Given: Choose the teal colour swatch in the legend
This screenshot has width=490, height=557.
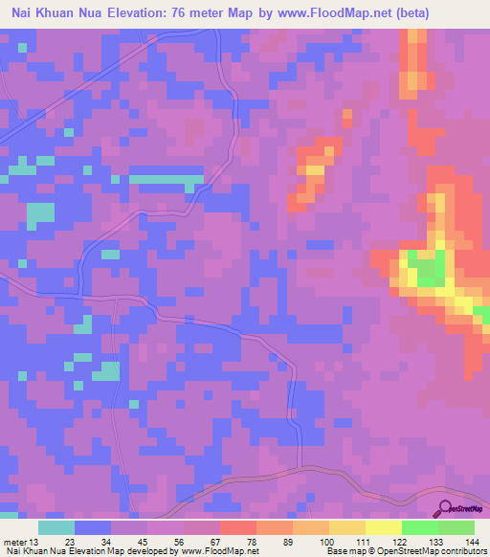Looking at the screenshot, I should [x=56, y=527].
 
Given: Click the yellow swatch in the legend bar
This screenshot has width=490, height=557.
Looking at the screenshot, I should [x=383, y=527].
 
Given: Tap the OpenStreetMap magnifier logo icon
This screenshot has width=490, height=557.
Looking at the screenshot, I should [x=445, y=510].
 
